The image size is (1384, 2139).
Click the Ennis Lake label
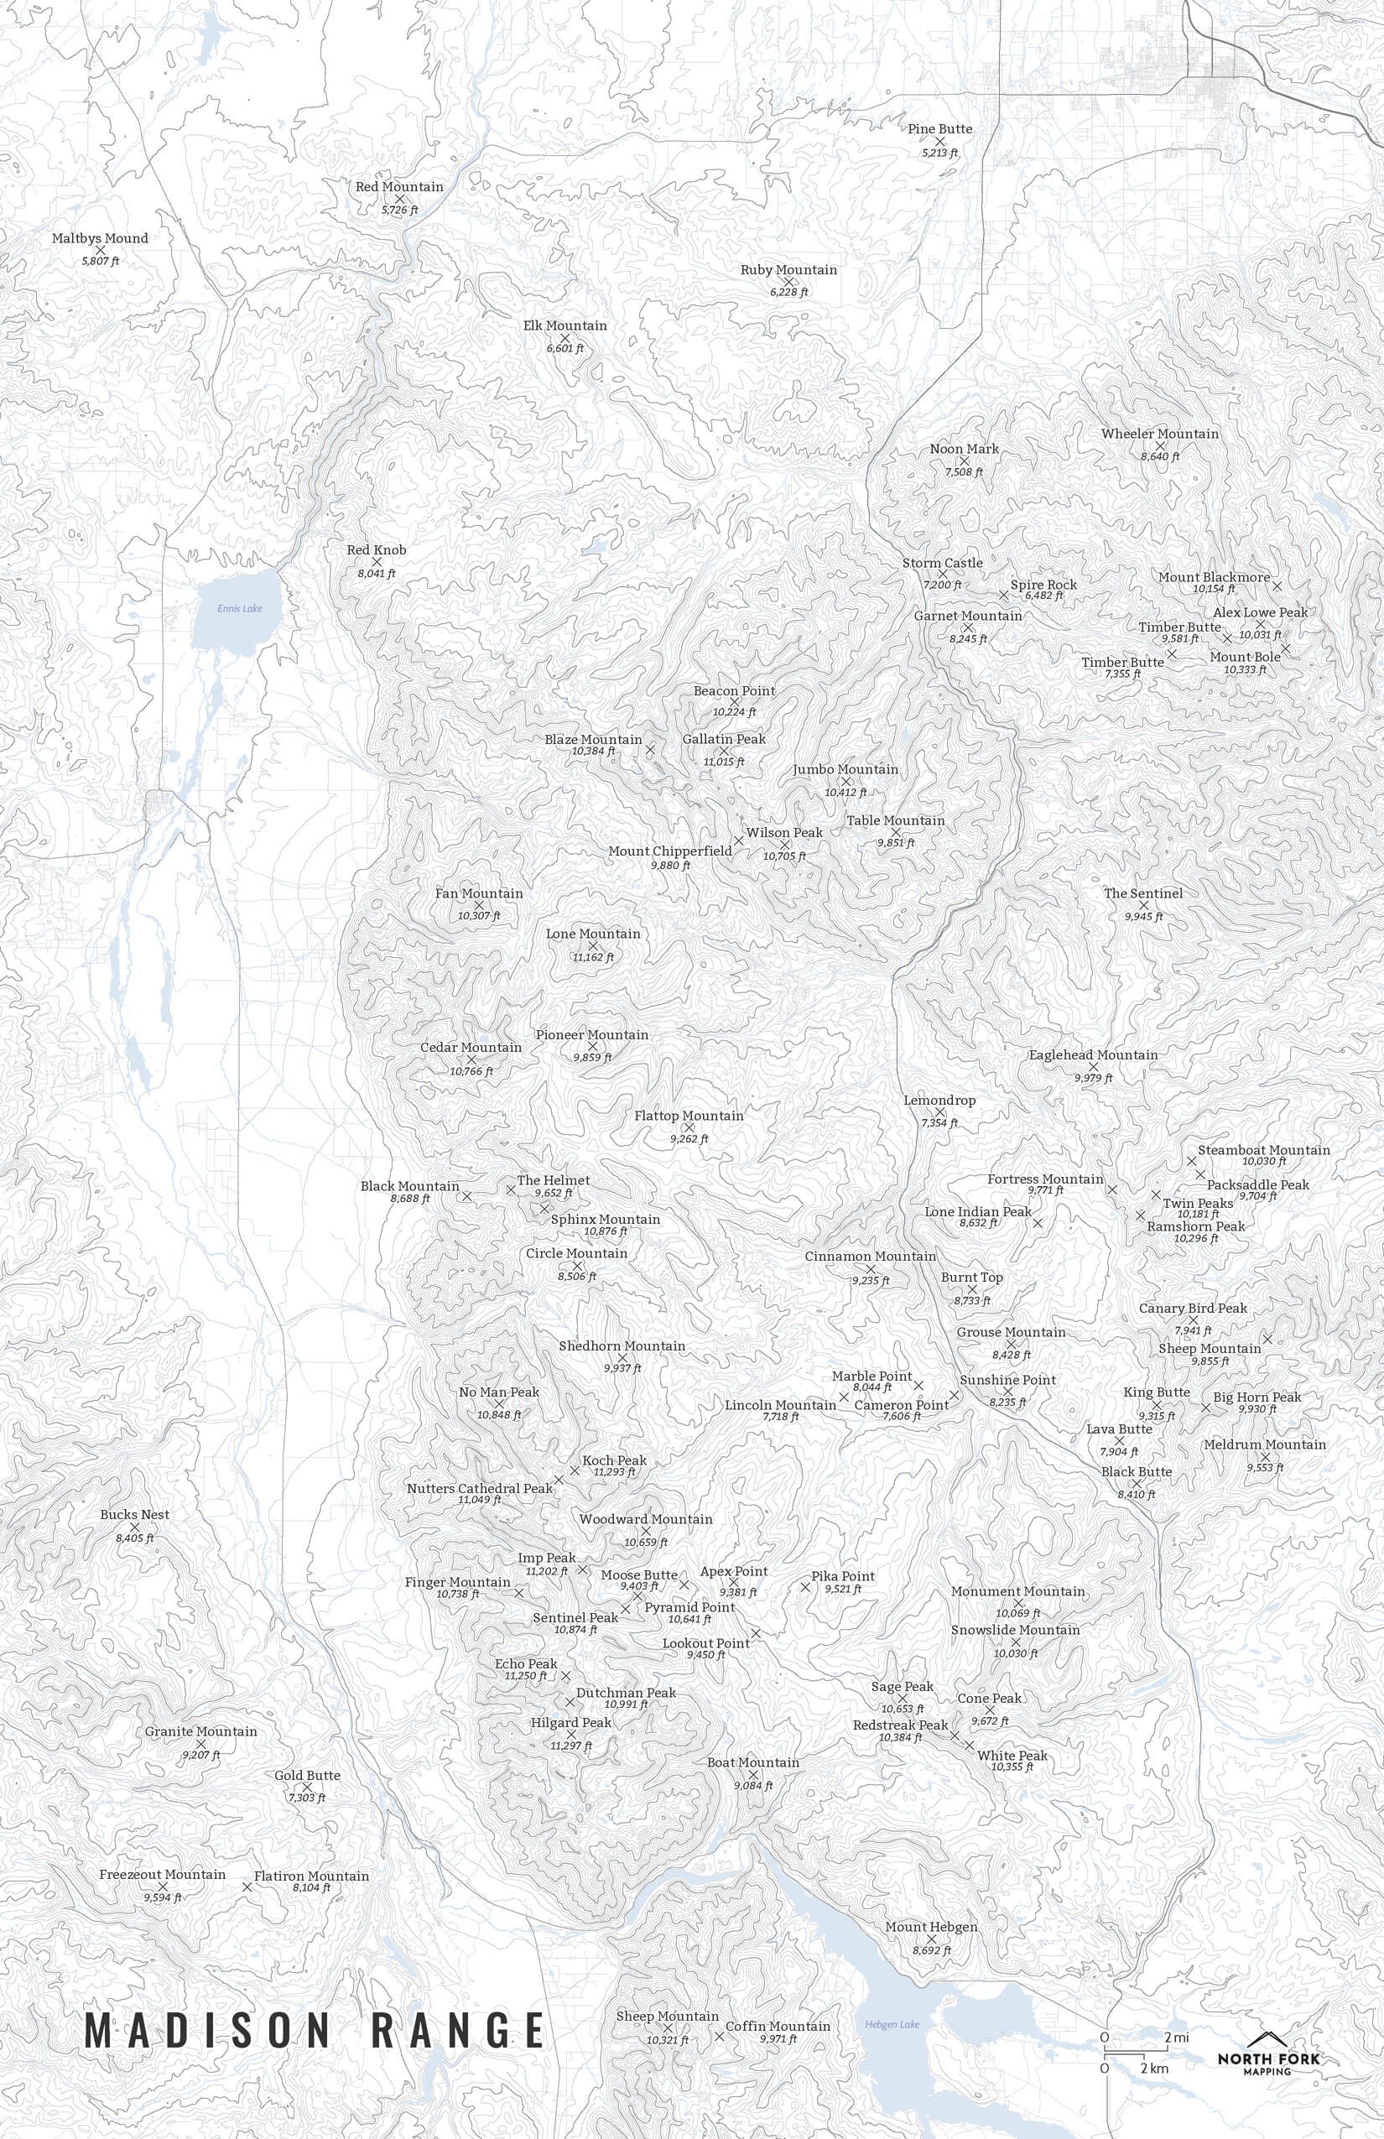click(x=240, y=608)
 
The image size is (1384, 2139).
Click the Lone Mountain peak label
click(x=593, y=934)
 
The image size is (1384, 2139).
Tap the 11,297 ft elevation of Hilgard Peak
click(x=571, y=1746)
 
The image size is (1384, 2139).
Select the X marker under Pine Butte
click(x=940, y=141)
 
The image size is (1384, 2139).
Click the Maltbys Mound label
click(x=100, y=238)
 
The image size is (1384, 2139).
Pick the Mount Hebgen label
click(x=931, y=1927)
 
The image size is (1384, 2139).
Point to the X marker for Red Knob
click(x=377, y=562)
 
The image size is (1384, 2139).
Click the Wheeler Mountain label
click(x=1160, y=433)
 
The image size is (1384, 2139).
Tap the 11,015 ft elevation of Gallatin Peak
click(x=723, y=762)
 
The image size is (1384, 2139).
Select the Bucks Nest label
click(x=135, y=1514)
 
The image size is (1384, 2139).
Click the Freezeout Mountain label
click(x=163, y=1875)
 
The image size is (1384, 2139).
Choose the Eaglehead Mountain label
click(x=1093, y=1054)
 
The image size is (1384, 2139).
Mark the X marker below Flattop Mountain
click(x=689, y=1127)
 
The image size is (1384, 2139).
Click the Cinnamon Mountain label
click(x=870, y=1256)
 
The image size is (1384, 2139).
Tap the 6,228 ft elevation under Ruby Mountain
click(x=789, y=292)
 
